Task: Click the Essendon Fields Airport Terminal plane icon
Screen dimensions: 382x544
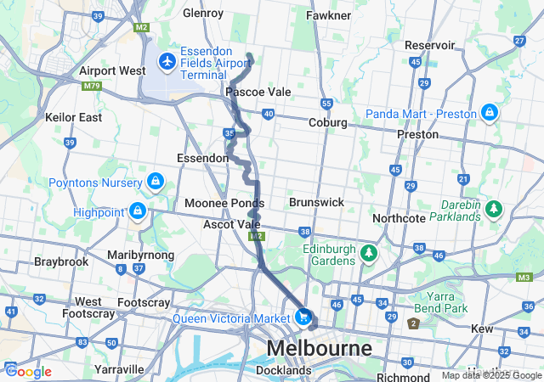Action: (167, 62)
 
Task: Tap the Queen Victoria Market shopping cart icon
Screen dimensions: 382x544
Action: (303, 317)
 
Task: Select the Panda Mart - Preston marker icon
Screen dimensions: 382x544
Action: (490, 113)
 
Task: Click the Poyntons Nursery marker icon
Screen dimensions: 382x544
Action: (156, 180)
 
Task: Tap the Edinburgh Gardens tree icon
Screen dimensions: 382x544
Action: (368, 252)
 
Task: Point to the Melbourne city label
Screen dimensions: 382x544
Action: (320, 348)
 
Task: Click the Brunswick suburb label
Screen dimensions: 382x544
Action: (316, 203)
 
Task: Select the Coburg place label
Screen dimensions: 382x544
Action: (327, 122)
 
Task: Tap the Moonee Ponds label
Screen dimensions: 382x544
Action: (224, 204)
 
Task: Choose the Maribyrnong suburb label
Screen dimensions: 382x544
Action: (140, 255)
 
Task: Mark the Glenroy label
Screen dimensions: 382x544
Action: (203, 13)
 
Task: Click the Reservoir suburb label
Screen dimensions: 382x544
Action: (430, 44)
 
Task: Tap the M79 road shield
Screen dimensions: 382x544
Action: (91, 86)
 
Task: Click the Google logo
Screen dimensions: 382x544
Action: (28, 371)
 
